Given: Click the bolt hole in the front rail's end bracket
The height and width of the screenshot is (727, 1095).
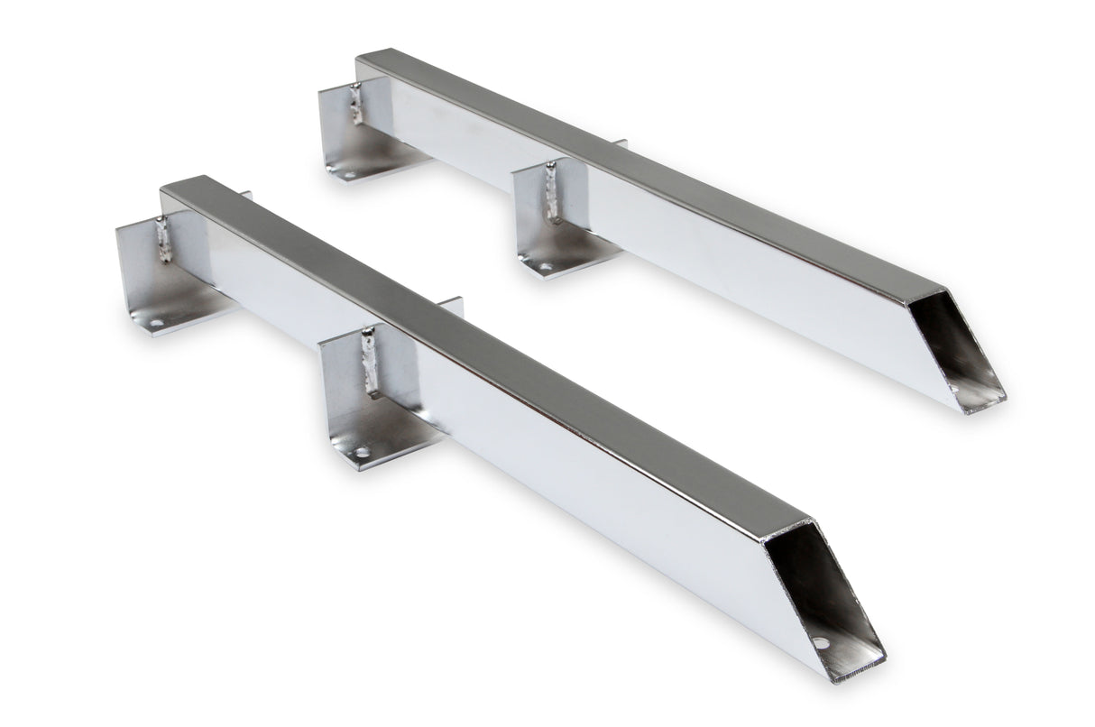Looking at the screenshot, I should (157, 322).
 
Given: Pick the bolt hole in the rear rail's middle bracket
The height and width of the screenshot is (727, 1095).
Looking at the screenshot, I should (546, 267).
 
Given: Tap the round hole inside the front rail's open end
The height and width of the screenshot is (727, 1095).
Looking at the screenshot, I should (820, 644).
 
